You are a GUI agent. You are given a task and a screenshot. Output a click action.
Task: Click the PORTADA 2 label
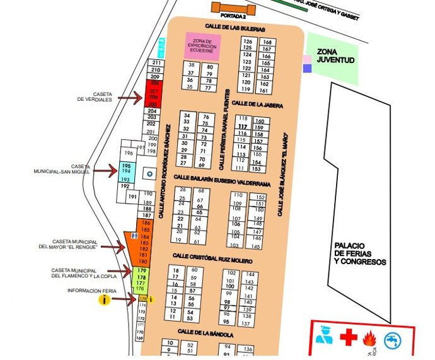click(234, 17)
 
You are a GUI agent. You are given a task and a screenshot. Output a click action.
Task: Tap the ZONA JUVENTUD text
click(335, 55)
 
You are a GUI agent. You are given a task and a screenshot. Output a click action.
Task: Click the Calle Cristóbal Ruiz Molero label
click(212, 258)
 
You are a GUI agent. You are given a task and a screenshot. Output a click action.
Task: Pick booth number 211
click(156, 63)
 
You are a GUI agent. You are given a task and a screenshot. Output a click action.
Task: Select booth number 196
click(129, 153)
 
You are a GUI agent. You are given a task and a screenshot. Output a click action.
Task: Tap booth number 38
click(190, 66)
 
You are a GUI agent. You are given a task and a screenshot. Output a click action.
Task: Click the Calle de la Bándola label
click(206, 332)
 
